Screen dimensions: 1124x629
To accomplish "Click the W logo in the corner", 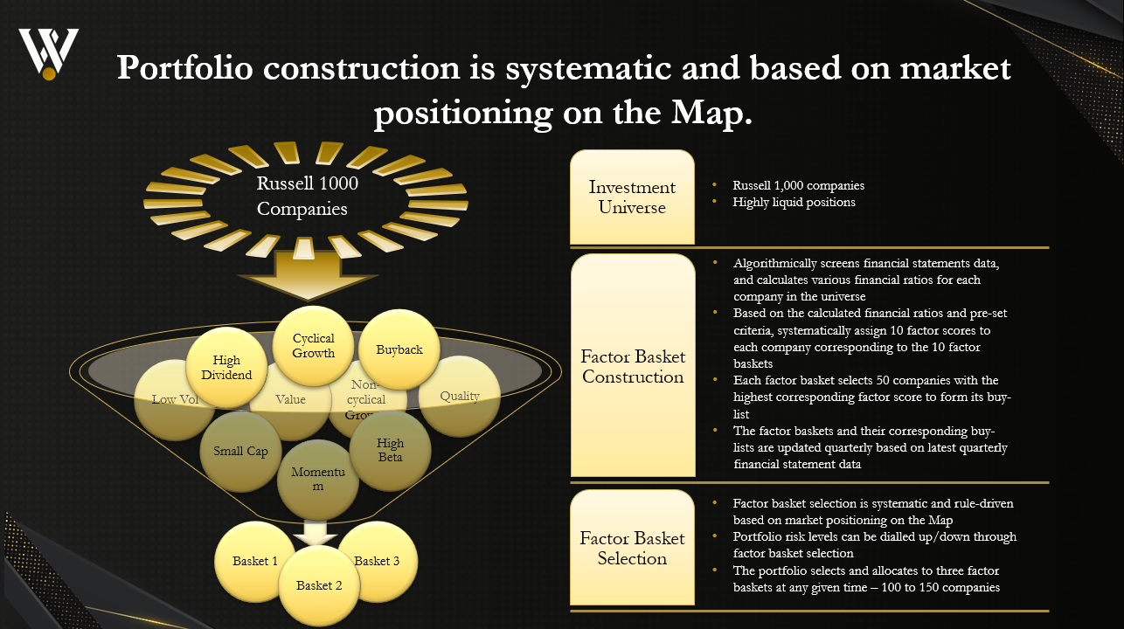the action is point(49,52).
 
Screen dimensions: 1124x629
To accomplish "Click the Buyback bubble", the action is point(399,349).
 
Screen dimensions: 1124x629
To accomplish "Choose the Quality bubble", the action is point(460,396).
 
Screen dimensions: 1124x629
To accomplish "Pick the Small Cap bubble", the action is point(240,451).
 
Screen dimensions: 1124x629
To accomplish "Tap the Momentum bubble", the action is point(318,479).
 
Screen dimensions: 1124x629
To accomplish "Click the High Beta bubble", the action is point(390,450).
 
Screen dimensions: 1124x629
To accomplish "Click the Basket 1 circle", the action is point(254,561).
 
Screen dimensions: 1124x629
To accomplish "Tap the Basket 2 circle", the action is point(319,585).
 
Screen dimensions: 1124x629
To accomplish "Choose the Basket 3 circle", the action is point(378,561).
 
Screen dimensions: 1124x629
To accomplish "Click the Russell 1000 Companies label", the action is point(308,197).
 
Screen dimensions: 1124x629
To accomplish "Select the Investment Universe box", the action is point(632,197).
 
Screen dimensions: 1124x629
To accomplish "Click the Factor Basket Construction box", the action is point(632,367).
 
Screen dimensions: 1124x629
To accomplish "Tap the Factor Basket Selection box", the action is point(632,548).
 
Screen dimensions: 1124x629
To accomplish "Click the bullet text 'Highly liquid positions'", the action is point(794,202).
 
